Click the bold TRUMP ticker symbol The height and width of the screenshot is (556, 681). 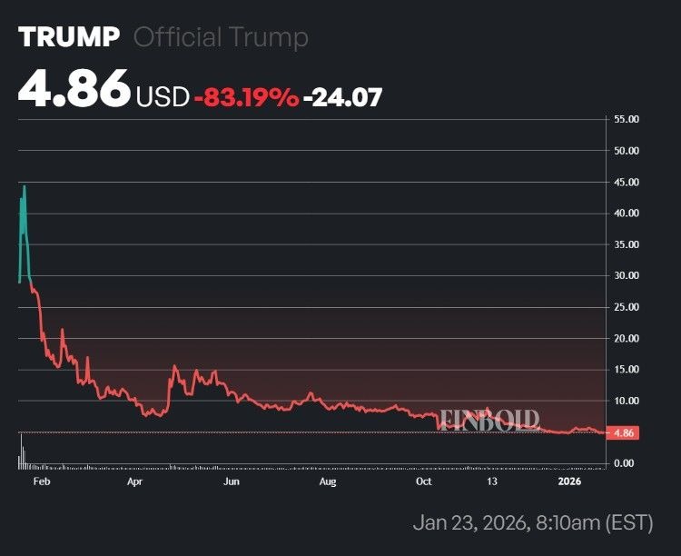[69, 37]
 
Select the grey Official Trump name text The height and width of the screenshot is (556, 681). [221, 37]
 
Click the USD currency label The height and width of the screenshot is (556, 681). [163, 96]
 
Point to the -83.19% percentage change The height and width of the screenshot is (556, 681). [246, 96]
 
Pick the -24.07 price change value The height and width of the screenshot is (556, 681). [342, 96]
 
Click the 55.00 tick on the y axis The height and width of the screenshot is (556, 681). [627, 119]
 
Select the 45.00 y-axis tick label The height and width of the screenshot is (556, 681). [627, 182]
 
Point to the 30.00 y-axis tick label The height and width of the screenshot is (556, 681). [627, 275]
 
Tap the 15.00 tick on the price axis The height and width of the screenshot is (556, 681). [627, 370]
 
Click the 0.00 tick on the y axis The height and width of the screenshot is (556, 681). [624, 463]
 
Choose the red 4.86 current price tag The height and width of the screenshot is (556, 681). [623, 433]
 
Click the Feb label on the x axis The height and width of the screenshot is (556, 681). [41, 482]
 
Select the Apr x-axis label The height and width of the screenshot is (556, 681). [135, 482]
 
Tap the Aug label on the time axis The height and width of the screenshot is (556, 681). [328, 482]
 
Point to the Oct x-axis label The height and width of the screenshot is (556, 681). [423, 482]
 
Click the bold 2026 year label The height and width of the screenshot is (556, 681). [568, 482]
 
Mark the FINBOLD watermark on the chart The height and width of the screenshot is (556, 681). [490, 420]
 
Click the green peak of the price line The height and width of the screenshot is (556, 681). [25, 187]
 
